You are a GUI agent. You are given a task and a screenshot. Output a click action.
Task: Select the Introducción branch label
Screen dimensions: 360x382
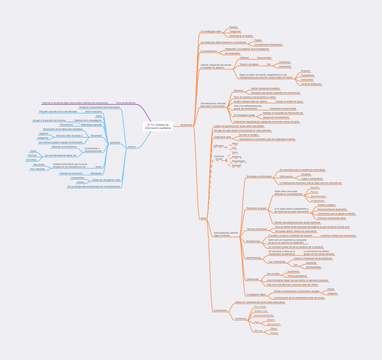click(x=186, y=125)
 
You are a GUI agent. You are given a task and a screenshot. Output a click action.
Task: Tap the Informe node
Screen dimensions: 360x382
click(x=132, y=147)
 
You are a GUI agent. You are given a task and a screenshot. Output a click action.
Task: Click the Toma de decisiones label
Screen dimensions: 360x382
click(x=126, y=103)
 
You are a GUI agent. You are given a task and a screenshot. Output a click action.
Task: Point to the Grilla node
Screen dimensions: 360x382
click(x=203, y=218)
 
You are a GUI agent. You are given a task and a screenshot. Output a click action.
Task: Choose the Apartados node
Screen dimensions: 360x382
click(x=115, y=142)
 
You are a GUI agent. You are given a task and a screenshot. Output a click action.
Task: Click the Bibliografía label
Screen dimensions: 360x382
click(x=96, y=173)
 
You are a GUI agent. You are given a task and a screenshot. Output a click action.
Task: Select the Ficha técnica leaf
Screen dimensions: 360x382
click(x=66, y=125)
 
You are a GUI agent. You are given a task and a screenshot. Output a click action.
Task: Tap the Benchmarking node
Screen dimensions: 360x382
click(x=253, y=258)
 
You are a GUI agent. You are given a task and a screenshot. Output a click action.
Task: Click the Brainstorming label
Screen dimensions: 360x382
click(x=253, y=242)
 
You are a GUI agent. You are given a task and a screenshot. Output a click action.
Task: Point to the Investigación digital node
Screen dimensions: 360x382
click(x=256, y=294)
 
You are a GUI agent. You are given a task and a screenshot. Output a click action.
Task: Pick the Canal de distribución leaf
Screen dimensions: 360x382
click(x=311, y=84)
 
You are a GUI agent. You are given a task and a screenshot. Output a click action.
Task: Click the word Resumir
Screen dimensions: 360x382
click(x=233, y=27)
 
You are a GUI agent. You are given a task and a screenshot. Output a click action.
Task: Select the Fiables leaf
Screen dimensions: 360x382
click(x=258, y=40)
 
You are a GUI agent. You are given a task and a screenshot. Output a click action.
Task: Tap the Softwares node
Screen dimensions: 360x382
click(x=218, y=146)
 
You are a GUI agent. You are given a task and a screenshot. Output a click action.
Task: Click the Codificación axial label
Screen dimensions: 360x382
click(x=222, y=137)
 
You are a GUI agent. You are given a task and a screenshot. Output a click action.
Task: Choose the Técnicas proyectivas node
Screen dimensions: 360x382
click(x=257, y=229)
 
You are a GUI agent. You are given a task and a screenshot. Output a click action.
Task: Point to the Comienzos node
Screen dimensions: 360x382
click(x=241, y=319)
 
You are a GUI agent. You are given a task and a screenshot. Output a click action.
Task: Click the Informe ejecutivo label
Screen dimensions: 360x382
click(x=93, y=111)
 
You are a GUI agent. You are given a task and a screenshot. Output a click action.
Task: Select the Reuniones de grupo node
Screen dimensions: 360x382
click(x=256, y=208)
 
